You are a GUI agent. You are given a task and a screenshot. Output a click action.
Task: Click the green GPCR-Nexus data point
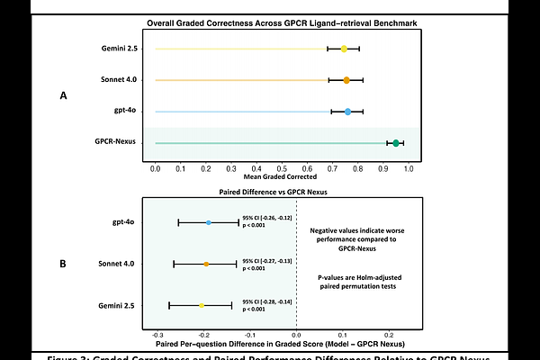396,142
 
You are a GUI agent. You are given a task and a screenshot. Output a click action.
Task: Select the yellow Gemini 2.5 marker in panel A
344,49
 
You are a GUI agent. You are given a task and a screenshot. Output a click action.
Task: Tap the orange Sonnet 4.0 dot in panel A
346,80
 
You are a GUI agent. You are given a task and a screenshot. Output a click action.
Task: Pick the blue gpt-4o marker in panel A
347,112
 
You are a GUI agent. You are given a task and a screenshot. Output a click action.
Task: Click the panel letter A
62,94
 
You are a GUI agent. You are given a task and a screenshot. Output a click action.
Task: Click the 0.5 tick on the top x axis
283,168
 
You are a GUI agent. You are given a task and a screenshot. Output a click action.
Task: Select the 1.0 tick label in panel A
409,168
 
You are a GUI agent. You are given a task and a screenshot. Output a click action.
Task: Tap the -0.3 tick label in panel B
157,333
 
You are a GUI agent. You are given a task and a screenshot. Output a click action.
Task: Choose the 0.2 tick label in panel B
390,333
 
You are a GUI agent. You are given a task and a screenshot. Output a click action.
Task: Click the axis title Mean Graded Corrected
283,177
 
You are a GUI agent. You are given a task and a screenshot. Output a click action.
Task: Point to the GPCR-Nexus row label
115,142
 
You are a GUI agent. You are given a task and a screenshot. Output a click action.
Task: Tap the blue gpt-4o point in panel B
208,222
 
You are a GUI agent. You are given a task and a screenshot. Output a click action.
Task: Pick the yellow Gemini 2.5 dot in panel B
202,306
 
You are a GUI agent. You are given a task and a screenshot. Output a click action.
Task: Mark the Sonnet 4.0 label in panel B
116,264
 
